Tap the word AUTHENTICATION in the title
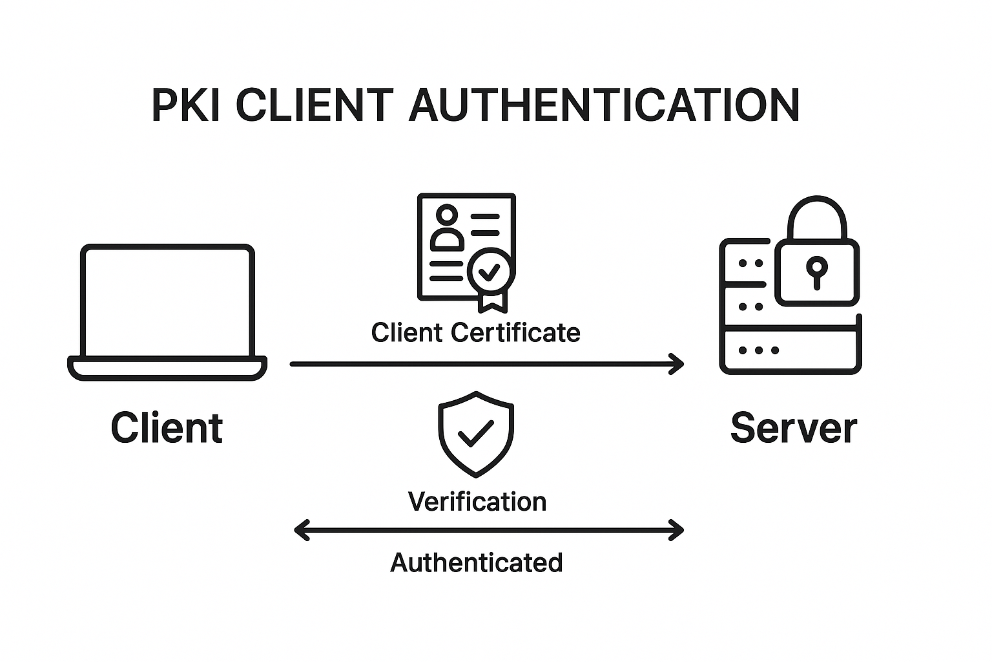tap(604, 105)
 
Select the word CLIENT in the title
tap(315, 105)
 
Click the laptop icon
tap(167, 312)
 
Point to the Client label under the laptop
tap(167, 428)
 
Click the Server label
tap(793, 428)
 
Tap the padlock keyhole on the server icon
tap(816, 270)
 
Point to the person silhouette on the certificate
tap(447, 229)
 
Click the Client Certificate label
tap(476, 333)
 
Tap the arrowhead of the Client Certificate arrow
tap(678, 364)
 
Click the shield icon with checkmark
tap(476, 434)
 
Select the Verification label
tap(477, 502)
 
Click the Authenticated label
tap(477, 562)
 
